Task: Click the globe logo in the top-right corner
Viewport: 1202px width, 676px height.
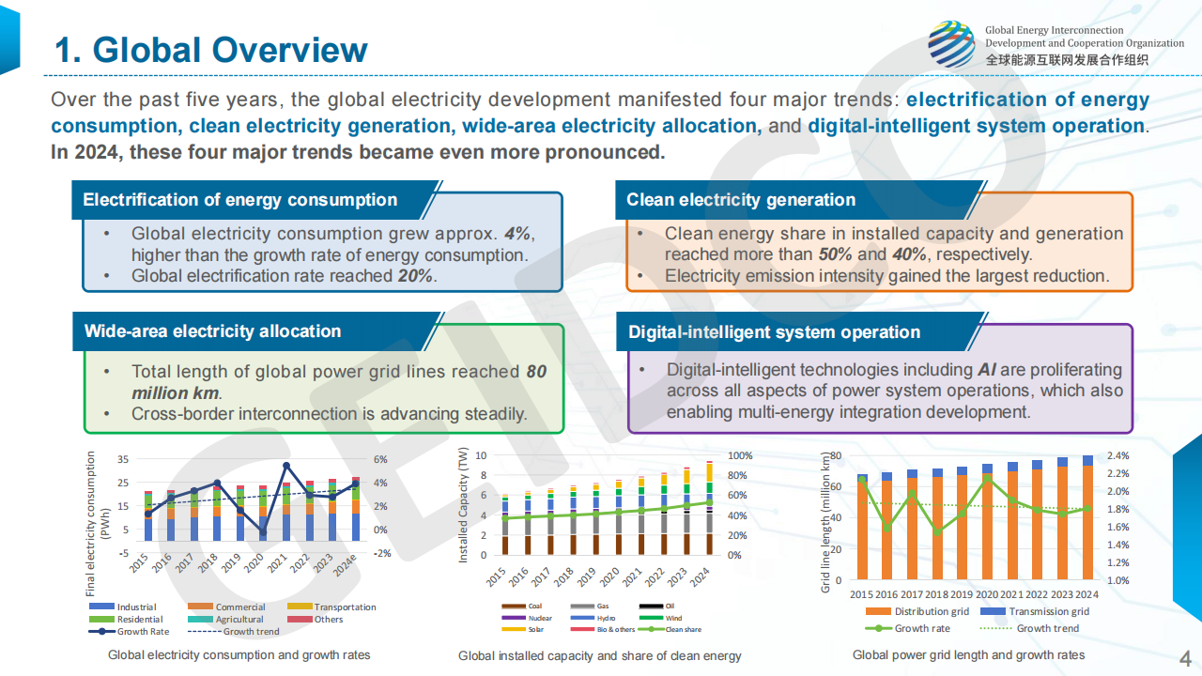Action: click(x=951, y=44)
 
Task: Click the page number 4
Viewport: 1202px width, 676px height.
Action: click(x=1184, y=655)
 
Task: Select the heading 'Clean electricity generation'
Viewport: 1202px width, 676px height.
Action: click(x=741, y=200)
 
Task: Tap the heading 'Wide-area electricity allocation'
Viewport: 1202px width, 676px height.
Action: click(x=212, y=331)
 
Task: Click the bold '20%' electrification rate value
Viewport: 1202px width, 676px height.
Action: click(x=415, y=276)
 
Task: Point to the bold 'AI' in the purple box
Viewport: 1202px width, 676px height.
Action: click(x=987, y=370)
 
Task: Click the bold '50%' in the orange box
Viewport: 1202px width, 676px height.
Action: click(x=835, y=254)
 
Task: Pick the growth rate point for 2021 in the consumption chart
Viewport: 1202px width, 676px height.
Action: click(x=286, y=466)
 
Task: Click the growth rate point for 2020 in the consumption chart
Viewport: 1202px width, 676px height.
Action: click(x=263, y=533)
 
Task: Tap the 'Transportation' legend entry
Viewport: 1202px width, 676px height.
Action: click(x=345, y=607)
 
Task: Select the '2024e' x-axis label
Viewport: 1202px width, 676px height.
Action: click(x=345, y=567)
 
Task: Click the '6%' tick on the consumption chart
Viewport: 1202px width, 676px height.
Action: click(x=380, y=459)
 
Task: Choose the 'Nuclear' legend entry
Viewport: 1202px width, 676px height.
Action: click(x=540, y=618)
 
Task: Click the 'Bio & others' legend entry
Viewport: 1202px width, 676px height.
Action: click(x=616, y=629)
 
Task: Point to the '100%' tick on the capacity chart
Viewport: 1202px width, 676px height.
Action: click(x=740, y=455)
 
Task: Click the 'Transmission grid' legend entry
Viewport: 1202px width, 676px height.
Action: click(x=1048, y=611)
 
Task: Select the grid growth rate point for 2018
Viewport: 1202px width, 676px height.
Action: click(x=935, y=532)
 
